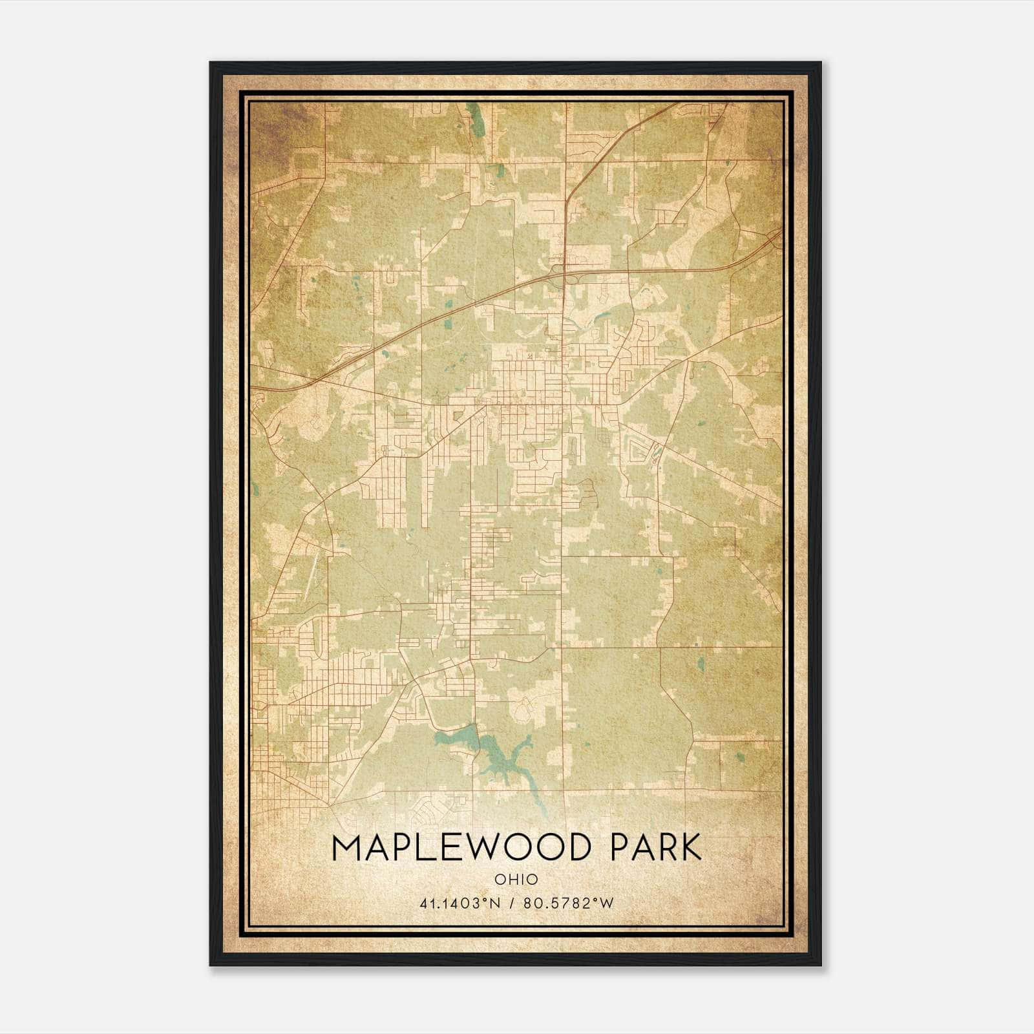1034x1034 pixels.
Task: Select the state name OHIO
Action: pyautogui.click(x=516, y=879)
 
